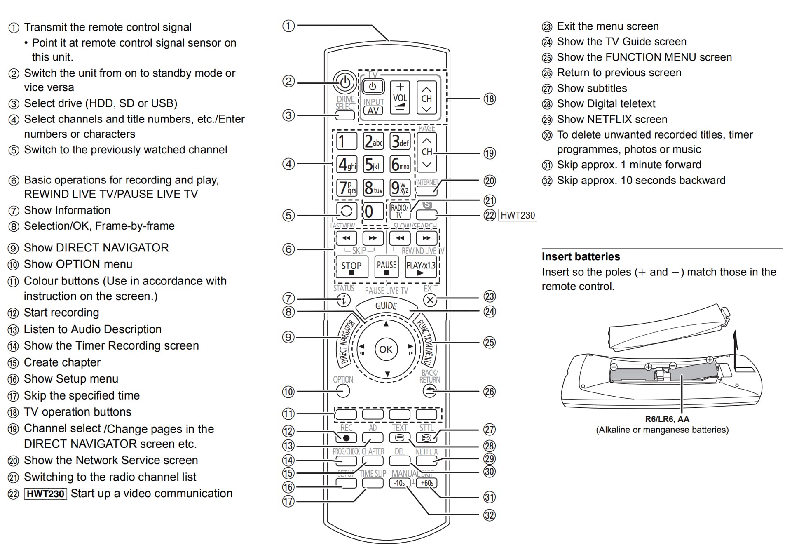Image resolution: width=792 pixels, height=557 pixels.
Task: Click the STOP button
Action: coord(351,267)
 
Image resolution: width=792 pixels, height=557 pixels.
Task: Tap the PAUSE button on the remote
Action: coord(387,267)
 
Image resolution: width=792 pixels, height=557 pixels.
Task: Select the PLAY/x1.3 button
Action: coord(420,267)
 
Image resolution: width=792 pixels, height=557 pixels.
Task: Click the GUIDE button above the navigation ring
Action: coord(386,306)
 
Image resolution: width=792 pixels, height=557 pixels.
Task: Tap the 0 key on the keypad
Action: coord(370,212)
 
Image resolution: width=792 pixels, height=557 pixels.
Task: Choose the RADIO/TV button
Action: coord(399,211)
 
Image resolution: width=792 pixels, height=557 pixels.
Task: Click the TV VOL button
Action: coord(400,98)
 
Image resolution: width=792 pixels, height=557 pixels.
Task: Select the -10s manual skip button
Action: coord(399,483)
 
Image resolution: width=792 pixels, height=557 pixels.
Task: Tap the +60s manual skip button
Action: coord(427,483)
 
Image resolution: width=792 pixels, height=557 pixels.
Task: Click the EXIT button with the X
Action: coord(430,300)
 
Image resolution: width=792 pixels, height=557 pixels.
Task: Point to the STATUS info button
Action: coord(343,300)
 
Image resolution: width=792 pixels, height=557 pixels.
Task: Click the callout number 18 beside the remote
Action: coord(490,99)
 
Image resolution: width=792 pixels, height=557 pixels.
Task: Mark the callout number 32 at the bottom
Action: coord(490,515)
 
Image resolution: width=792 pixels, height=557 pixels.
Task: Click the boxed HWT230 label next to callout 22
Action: coord(518,215)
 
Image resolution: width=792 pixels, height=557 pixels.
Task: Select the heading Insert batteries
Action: coord(581,256)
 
